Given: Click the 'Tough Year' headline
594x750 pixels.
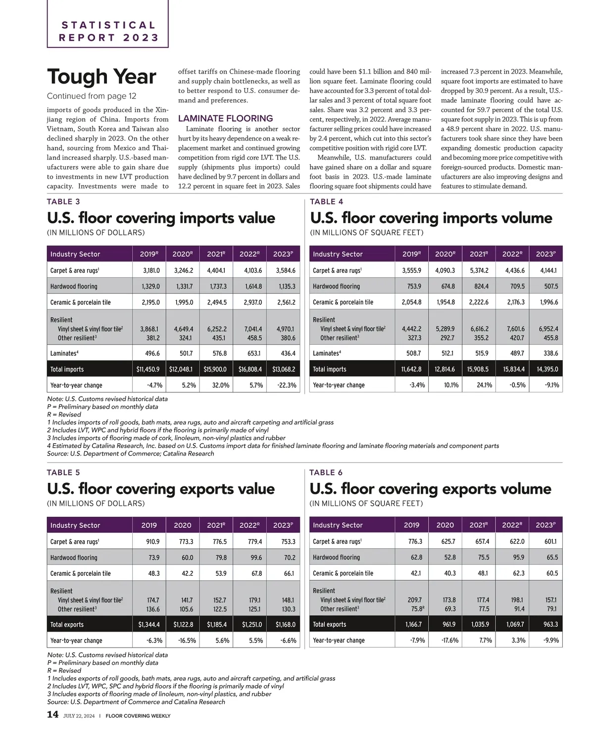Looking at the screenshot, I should [101, 77].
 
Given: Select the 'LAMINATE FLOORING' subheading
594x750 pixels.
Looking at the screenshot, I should [225, 118].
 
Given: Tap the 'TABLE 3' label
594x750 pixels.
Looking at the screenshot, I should [63, 201].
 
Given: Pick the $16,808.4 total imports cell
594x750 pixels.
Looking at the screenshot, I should [250, 369].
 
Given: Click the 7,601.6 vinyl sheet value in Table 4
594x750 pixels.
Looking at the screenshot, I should [513, 328].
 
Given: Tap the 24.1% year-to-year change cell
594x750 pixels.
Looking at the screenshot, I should [484, 385].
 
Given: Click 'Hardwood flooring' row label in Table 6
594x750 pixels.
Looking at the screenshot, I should [336, 557].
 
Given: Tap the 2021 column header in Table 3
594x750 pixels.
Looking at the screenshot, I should [216, 254].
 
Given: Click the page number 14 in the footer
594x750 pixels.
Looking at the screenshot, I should [52, 715].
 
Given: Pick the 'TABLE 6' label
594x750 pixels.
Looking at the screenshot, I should [326, 472].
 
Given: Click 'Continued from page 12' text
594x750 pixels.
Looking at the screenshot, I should [92, 96].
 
